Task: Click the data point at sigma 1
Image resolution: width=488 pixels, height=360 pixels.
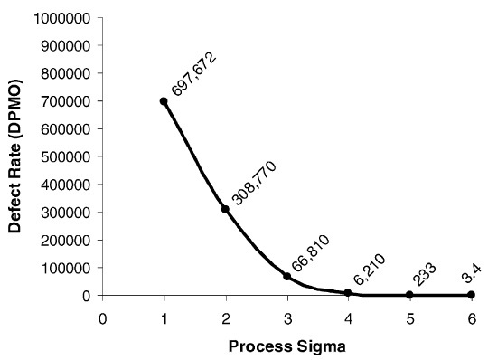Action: pyautogui.click(x=164, y=101)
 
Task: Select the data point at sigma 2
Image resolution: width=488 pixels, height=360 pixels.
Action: pyautogui.click(x=226, y=209)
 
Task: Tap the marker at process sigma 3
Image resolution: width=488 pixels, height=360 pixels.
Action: pyautogui.click(x=287, y=276)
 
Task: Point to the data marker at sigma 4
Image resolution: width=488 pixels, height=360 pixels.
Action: pyautogui.click(x=348, y=293)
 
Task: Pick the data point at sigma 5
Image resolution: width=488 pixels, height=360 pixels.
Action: pyautogui.click(x=409, y=295)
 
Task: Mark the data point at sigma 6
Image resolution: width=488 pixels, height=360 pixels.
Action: pyautogui.click(x=471, y=295)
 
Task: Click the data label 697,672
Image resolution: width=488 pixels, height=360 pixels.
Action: pyautogui.click(x=193, y=74)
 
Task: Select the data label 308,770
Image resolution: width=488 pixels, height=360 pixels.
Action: pyautogui.click(x=254, y=183)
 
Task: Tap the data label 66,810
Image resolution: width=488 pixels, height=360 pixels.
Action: pyautogui.click(x=311, y=253)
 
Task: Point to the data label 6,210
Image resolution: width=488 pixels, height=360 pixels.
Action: pyautogui.click(x=370, y=270)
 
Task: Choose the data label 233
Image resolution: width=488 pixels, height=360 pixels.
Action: pyautogui.click(x=425, y=274)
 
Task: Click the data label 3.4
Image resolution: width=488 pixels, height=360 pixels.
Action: pyautogui.click(x=472, y=273)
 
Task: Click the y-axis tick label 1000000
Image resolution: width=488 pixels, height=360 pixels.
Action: pyautogui.click(x=62, y=18)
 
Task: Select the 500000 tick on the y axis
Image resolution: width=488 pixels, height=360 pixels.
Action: pyautogui.click(x=65, y=156)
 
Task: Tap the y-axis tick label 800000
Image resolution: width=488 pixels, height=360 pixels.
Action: pyautogui.click(x=65, y=74)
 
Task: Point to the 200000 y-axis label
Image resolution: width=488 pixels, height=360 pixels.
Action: pyautogui.click(x=65, y=240)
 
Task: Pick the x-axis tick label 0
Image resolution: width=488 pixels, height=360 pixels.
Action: pyautogui.click(x=103, y=319)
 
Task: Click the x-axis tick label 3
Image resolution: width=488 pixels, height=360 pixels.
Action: pyautogui.click(x=287, y=319)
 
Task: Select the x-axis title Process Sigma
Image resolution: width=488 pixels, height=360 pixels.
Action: pyautogui.click(x=287, y=346)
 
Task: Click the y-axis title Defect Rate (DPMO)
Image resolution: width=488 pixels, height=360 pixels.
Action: pyautogui.click(x=15, y=156)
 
